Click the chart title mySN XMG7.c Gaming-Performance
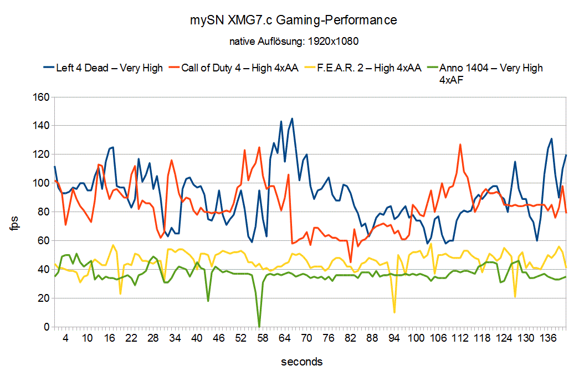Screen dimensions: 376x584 pos(292,20)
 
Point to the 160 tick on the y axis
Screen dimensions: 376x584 pos(42,97)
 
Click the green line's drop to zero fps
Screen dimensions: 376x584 pos(259,326)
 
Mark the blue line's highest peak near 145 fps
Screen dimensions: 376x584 pos(292,119)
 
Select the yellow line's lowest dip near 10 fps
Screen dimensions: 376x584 pos(394,312)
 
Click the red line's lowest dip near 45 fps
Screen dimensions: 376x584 pos(350,262)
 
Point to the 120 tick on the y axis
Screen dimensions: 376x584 pos(42,155)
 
